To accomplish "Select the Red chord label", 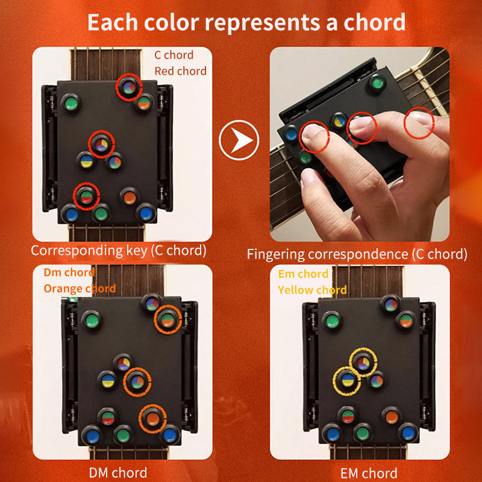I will coord(180,71).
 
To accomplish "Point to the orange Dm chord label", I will coord(69,273).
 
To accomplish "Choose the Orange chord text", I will coord(80,289).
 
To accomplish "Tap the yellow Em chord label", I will coord(303,274).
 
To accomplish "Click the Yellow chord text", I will coord(312,290).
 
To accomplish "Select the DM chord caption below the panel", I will coord(118,472).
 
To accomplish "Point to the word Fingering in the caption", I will coord(275,254).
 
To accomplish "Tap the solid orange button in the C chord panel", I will coord(129,196).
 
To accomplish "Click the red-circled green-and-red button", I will coord(86,196).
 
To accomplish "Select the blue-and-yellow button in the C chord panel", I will coord(86,160).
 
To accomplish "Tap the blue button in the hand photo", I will coord(292,133).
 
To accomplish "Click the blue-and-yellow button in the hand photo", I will coord(339,120).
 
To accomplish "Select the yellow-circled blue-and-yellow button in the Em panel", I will coord(347,380).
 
